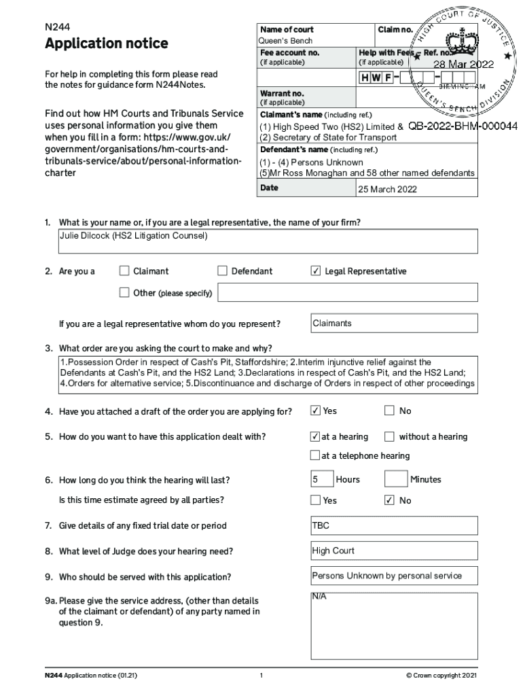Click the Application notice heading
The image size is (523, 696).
pos(106,43)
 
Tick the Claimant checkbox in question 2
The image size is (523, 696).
pos(124,271)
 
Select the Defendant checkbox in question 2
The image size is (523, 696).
pos(222,271)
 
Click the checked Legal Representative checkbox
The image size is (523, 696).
pos(315,271)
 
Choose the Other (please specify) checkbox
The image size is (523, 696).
pos(124,293)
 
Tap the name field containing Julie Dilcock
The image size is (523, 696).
pos(268,241)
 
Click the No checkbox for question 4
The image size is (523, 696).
pos(389,411)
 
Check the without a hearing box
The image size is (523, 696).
pos(389,436)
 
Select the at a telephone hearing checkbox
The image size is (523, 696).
pos(315,455)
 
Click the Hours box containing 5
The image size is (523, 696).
pos(322,479)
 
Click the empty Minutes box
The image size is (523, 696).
pos(396,479)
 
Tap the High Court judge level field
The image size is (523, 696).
pos(394,551)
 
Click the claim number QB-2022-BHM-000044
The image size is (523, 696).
pos(463,126)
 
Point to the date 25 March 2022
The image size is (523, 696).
pos(388,189)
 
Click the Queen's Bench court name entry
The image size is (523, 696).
pos(286,41)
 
